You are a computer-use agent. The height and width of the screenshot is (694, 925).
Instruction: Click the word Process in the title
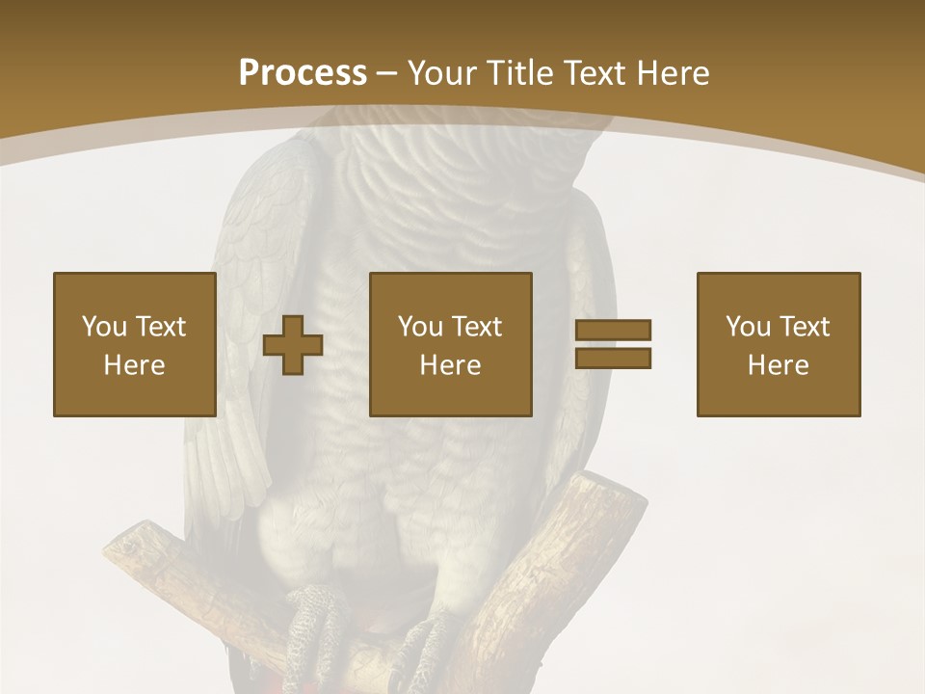(303, 73)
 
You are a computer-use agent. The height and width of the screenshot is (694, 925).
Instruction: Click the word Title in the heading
(517, 73)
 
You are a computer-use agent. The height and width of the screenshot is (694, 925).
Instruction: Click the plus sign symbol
(293, 344)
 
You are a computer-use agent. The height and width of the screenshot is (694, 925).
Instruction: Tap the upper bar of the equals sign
(613, 331)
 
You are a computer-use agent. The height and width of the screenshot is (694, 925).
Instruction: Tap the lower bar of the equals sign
(613, 358)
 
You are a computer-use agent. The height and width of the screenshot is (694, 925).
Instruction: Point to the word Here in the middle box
(450, 365)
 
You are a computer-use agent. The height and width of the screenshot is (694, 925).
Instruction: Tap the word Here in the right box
(778, 365)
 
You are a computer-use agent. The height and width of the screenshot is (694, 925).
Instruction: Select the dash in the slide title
(386, 73)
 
